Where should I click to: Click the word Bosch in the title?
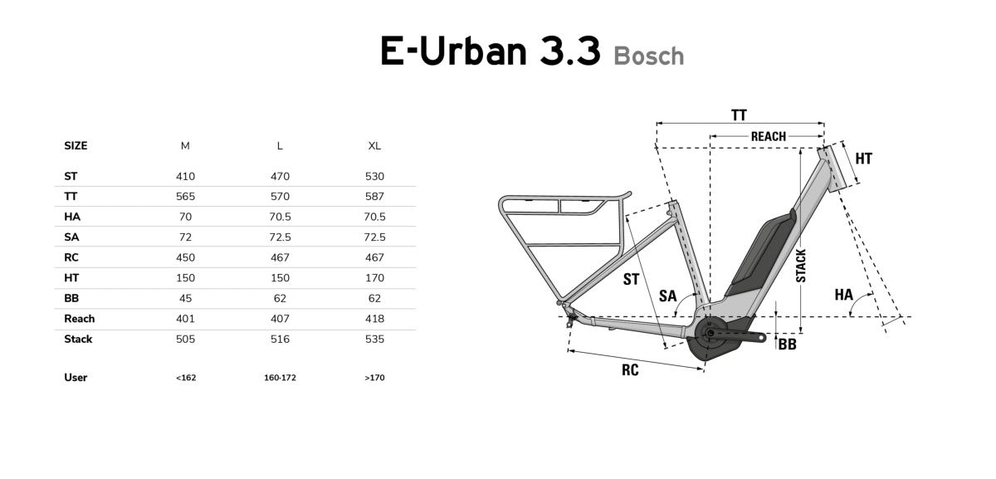click(649, 56)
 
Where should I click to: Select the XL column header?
click(374, 146)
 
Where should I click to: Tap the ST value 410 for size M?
click(185, 177)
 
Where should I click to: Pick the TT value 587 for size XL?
click(374, 197)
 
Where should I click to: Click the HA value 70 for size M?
click(185, 217)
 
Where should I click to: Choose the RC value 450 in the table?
click(185, 257)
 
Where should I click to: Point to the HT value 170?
click(374, 278)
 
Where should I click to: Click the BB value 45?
click(185, 298)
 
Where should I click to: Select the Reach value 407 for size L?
click(280, 319)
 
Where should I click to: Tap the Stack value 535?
click(374, 340)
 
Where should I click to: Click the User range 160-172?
click(280, 378)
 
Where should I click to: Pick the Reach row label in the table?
click(79, 319)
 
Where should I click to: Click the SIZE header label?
click(76, 146)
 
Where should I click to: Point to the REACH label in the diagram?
click(769, 136)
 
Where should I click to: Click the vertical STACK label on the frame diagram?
click(801, 266)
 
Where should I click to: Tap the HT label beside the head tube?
click(864, 159)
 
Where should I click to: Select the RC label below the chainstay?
click(630, 370)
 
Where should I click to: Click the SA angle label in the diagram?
click(667, 296)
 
